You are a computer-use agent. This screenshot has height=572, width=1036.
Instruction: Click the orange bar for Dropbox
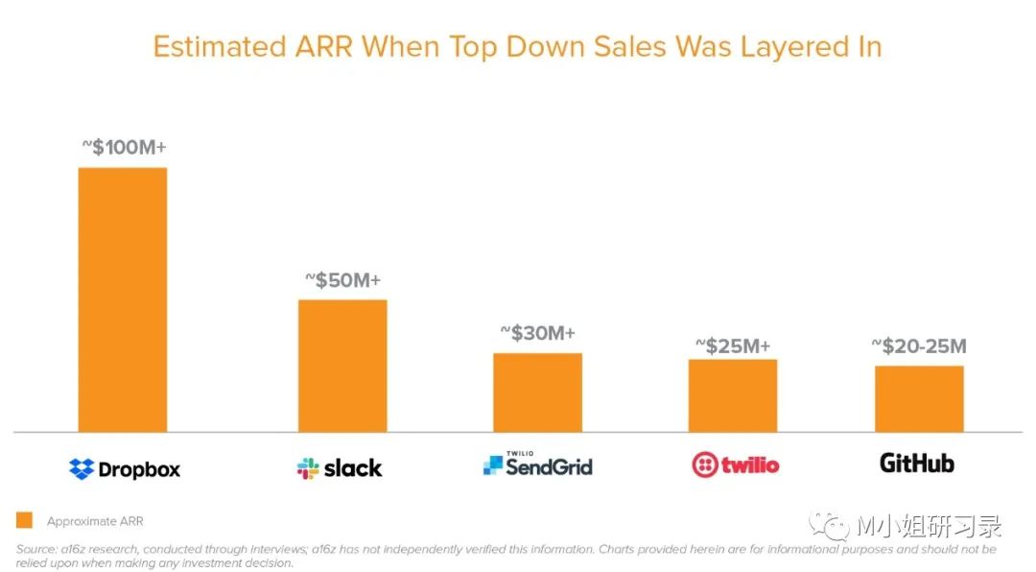tap(122, 299)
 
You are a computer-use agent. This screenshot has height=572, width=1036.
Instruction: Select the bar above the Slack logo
tap(342, 366)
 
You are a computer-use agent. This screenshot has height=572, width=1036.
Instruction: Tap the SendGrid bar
tap(537, 393)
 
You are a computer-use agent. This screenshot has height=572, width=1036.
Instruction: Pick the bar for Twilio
tap(732, 395)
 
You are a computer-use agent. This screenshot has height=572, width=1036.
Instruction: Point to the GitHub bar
tap(919, 398)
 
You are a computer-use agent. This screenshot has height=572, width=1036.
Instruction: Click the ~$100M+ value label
tap(124, 148)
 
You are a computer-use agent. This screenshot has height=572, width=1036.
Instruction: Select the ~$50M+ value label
tap(342, 280)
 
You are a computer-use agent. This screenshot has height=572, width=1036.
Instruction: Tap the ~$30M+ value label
tap(537, 333)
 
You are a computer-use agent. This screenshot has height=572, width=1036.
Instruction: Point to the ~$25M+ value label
tap(732, 346)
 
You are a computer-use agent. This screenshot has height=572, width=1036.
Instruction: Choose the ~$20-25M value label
tap(918, 346)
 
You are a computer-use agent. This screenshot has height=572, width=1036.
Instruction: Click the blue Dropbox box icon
tap(82, 469)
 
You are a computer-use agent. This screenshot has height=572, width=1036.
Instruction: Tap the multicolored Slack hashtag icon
tap(308, 468)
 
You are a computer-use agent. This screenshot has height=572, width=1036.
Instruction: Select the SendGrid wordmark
tap(548, 467)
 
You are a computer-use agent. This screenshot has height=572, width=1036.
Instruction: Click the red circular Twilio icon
tap(705, 465)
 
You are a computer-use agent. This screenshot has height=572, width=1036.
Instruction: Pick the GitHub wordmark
tap(916, 464)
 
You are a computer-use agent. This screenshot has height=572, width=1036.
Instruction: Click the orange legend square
tap(24, 520)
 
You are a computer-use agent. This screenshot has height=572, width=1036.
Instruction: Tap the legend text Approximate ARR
tap(95, 521)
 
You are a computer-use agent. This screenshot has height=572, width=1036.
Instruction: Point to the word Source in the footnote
tap(35, 549)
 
